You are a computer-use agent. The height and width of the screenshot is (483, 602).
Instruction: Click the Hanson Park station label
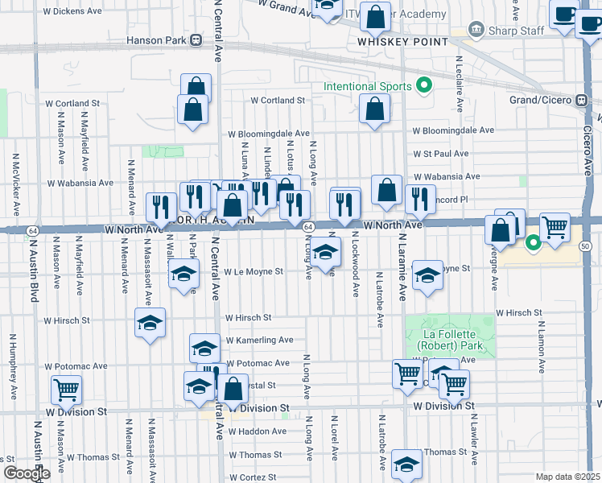(x=155, y=39)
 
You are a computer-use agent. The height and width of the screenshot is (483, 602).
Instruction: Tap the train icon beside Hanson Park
(x=196, y=39)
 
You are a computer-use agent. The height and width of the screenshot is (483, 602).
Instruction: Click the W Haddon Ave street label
(x=257, y=431)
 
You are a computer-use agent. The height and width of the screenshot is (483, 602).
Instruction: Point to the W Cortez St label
(x=252, y=477)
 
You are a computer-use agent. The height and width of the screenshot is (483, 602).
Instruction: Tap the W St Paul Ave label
(x=441, y=153)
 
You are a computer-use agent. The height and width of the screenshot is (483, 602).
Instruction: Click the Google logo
(x=27, y=473)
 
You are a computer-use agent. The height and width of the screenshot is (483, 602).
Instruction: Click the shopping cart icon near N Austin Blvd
(x=66, y=390)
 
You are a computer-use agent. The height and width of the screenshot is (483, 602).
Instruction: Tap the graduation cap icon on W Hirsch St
(x=150, y=324)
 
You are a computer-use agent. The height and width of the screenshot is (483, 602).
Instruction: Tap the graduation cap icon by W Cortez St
(x=407, y=464)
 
